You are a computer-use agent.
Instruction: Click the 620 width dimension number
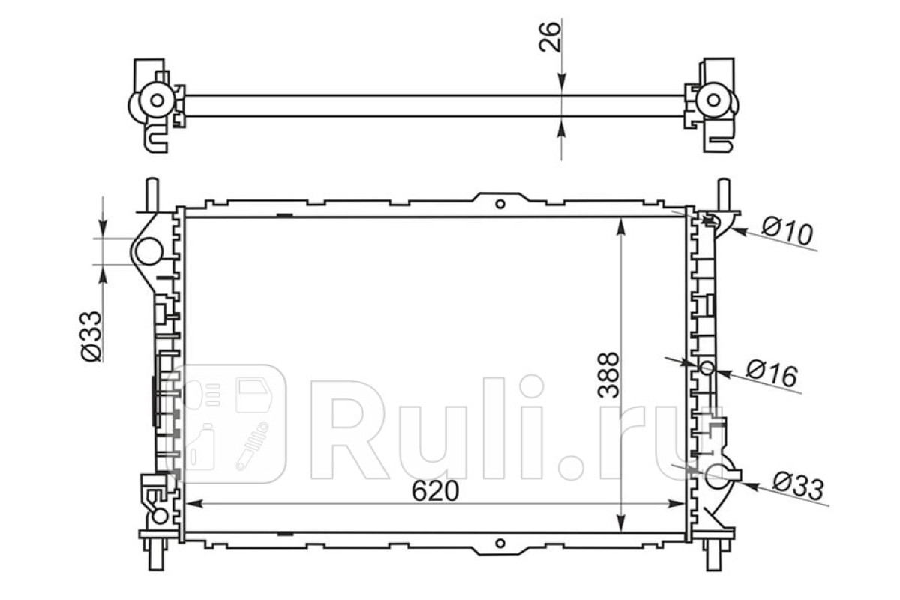435,491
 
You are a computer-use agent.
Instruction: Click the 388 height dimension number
608,375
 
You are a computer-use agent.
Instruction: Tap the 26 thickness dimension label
549,37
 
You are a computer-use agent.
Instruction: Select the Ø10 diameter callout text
787,231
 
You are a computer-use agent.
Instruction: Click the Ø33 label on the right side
798,487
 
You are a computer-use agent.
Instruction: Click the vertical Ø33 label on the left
91,336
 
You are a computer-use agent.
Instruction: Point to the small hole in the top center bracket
499,204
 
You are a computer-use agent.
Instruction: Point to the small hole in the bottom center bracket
499,544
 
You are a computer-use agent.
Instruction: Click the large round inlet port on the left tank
148,251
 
